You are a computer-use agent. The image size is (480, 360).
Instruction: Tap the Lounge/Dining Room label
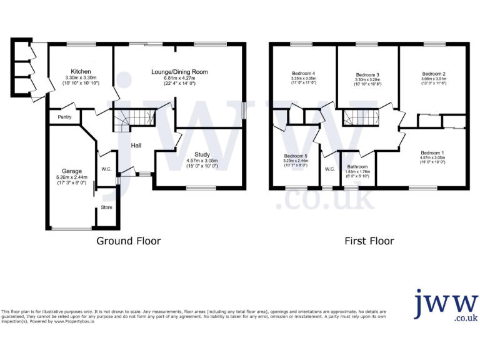tap(179, 72)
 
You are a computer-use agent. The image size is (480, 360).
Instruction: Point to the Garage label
tap(72, 171)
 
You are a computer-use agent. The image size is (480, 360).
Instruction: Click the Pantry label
tap(65, 117)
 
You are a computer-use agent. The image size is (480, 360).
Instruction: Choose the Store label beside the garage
tap(106, 207)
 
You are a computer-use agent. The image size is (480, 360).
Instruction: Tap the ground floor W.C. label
tap(106, 169)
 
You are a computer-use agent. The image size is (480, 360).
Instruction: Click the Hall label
tap(136, 146)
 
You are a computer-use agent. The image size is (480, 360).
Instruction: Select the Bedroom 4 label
tap(303, 73)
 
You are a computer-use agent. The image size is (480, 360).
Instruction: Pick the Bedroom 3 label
tap(368, 74)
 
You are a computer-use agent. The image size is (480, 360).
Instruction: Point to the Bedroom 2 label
tap(433, 73)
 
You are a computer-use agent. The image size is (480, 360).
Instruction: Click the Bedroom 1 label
tap(432, 153)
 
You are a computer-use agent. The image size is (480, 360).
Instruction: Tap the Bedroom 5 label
tap(296, 156)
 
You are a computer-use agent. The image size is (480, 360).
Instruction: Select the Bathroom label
tap(357, 167)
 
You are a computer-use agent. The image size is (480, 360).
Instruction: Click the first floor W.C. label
tap(329, 169)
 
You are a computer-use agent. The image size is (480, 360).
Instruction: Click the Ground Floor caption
tap(128, 241)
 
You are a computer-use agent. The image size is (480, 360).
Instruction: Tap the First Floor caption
tap(369, 241)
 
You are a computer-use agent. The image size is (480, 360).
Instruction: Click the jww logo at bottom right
tap(446, 306)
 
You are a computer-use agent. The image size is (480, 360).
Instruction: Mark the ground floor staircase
tap(133, 116)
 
